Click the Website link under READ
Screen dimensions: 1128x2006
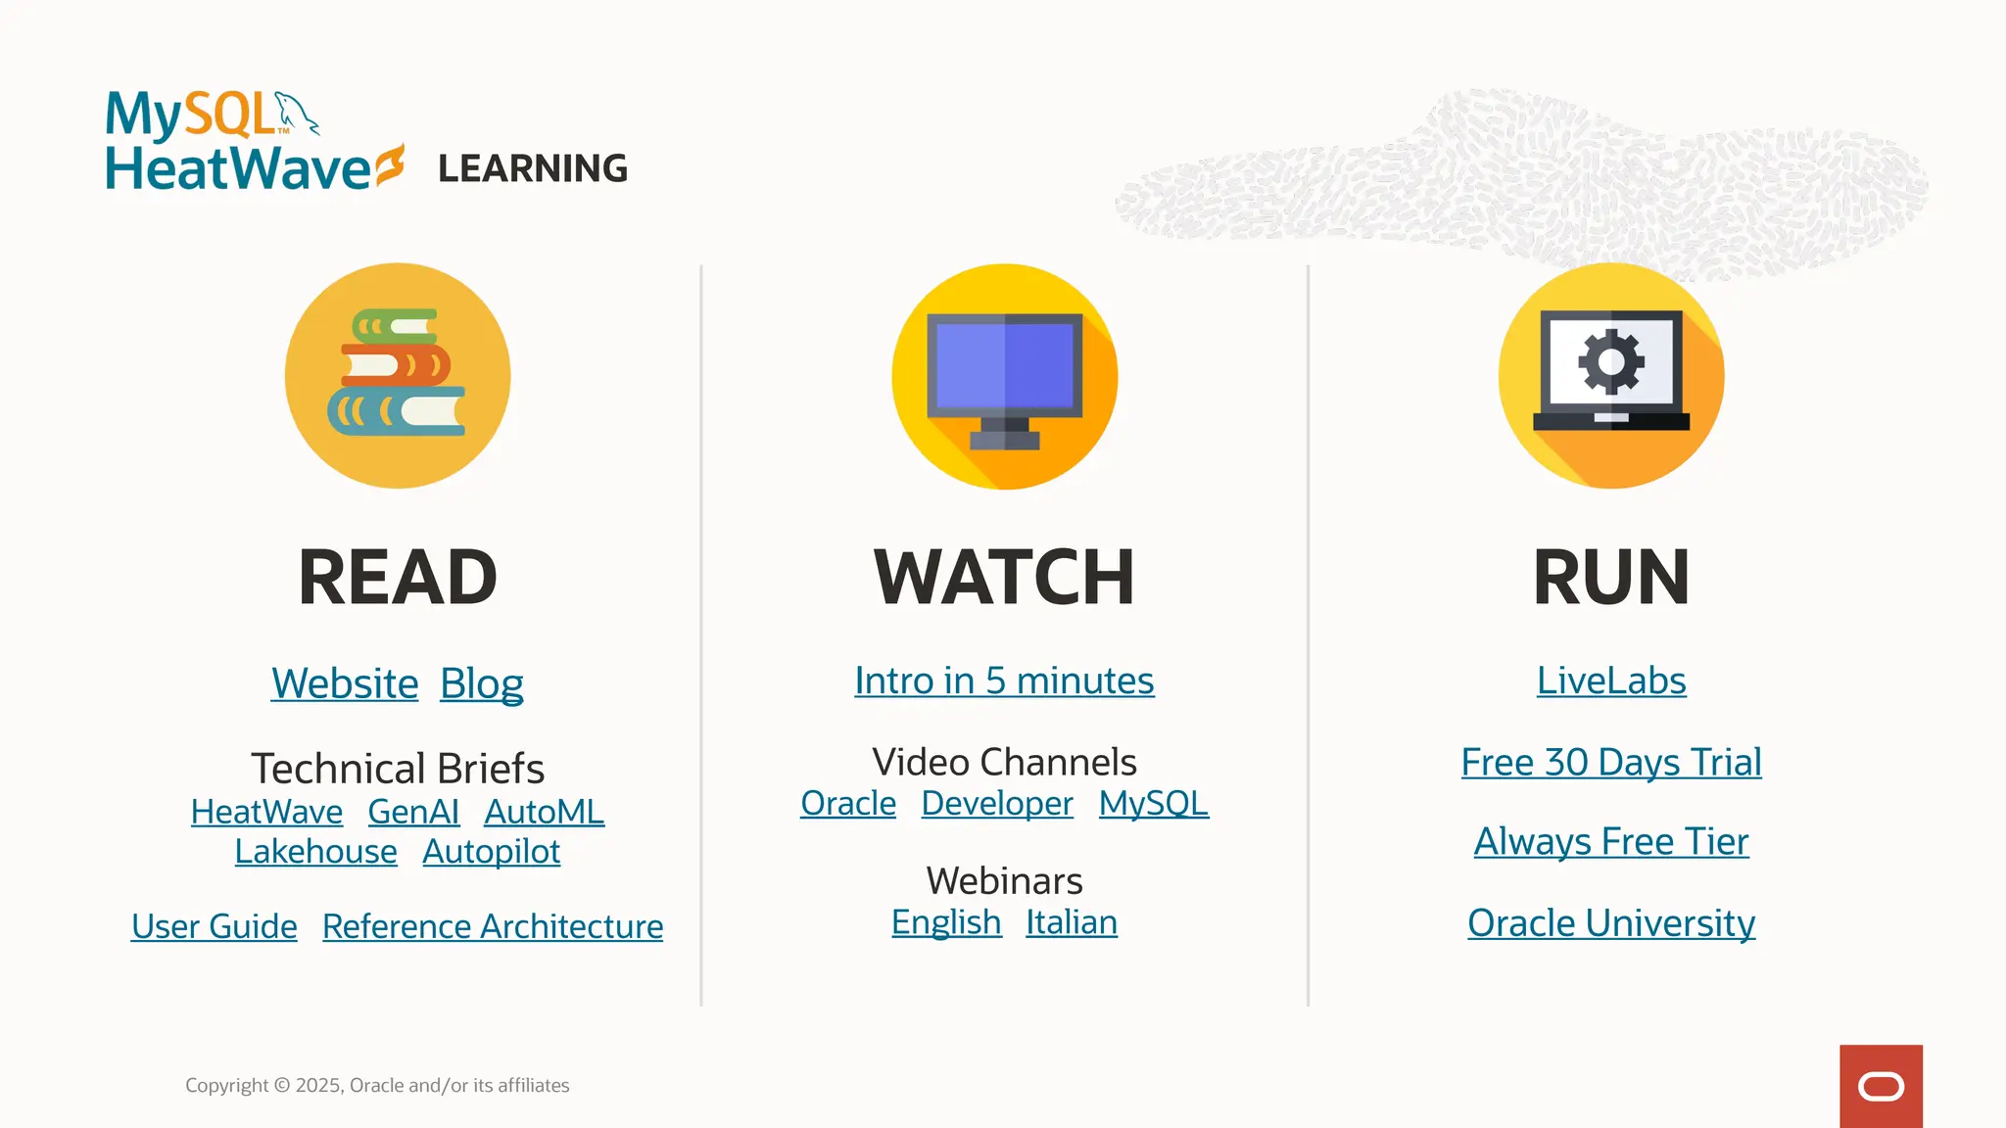(x=345, y=683)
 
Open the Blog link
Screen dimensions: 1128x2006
(x=481, y=683)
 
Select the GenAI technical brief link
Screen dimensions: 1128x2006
(x=413, y=812)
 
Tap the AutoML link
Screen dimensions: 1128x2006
(x=544, y=812)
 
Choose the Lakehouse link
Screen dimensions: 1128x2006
(x=315, y=852)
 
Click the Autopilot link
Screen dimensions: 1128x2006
(x=491, y=852)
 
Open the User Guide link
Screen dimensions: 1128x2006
(x=214, y=926)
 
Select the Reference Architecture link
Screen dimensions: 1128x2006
(x=493, y=926)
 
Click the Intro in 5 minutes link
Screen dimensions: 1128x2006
(x=1004, y=681)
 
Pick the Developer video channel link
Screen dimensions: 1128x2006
(x=997, y=803)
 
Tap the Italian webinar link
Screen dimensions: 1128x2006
(x=1072, y=922)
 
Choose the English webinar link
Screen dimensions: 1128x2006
(x=946, y=922)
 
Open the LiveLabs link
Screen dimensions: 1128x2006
(x=1611, y=681)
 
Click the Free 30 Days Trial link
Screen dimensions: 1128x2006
(x=1611, y=762)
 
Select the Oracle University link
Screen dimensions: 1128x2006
(x=1611, y=922)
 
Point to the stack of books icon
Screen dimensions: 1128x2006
(x=397, y=374)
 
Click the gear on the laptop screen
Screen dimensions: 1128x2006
(x=1611, y=361)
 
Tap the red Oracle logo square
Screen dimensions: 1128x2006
(x=1881, y=1086)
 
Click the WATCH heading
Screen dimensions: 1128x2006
(x=1004, y=578)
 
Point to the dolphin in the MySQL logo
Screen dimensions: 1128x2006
(x=297, y=112)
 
